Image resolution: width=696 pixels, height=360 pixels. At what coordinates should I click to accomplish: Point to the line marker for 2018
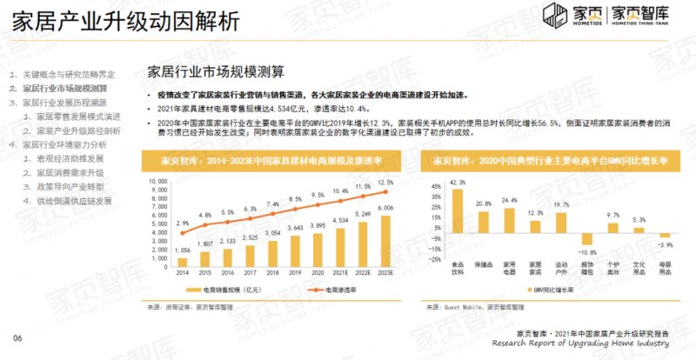(x=271, y=213)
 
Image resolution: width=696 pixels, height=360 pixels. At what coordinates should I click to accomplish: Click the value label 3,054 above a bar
(x=271, y=234)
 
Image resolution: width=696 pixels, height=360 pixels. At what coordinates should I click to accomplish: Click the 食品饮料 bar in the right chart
(x=458, y=211)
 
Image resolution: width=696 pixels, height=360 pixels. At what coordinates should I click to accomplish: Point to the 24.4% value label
(x=511, y=200)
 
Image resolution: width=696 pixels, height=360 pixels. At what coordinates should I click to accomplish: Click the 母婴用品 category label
(x=665, y=263)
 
